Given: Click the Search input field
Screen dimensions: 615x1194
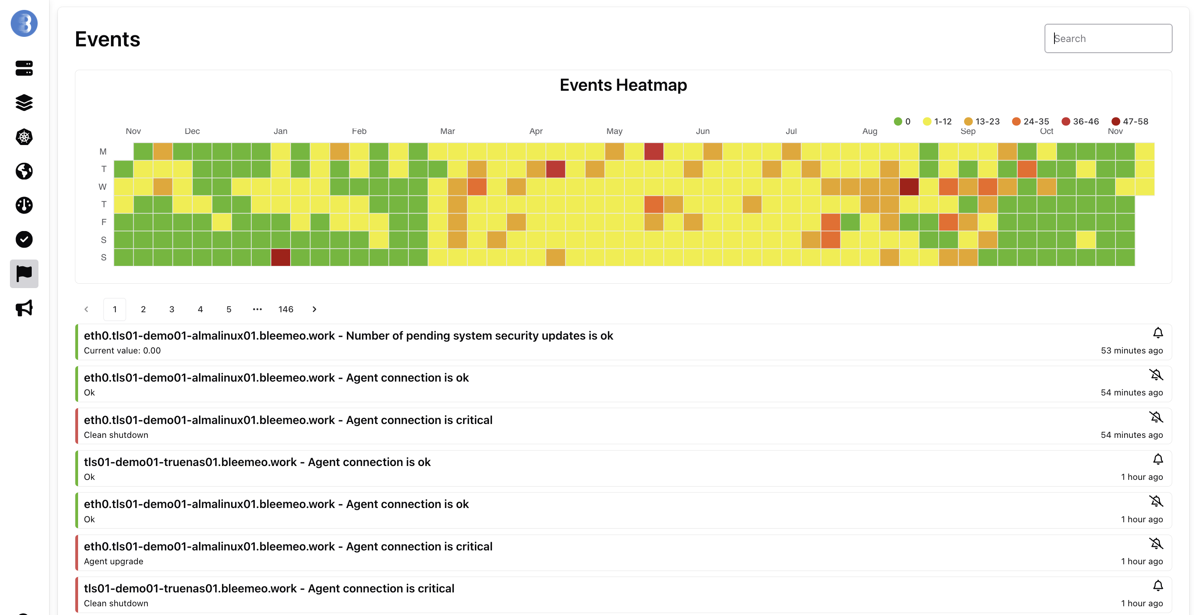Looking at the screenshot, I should click(1108, 38).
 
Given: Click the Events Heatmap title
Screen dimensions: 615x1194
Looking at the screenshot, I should click(623, 85).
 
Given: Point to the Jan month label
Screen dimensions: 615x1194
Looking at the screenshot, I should click(280, 131).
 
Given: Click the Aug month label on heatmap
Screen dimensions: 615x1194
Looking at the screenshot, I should click(870, 131).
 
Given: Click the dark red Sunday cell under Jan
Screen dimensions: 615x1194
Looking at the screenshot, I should click(280, 257).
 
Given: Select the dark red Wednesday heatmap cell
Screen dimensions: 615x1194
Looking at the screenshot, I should click(909, 187).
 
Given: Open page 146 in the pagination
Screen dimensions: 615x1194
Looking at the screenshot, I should click(285, 309).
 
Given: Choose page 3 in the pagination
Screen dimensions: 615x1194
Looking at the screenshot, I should click(172, 309).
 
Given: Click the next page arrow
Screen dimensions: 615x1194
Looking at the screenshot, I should click(314, 309).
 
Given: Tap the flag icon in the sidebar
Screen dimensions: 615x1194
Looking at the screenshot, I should click(24, 273).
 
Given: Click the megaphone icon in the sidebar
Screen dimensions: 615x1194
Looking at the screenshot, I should click(24, 308).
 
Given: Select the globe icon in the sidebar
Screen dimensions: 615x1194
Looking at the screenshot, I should click(24, 171).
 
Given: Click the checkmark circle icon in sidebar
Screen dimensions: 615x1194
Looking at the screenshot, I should click(24, 239).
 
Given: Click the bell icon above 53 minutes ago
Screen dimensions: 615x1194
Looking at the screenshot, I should click(1158, 333).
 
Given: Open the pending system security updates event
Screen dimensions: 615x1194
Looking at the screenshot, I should click(348, 336).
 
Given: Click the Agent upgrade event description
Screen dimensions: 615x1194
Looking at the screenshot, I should click(113, 561).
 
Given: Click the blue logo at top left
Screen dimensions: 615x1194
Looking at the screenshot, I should click(24, 23).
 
